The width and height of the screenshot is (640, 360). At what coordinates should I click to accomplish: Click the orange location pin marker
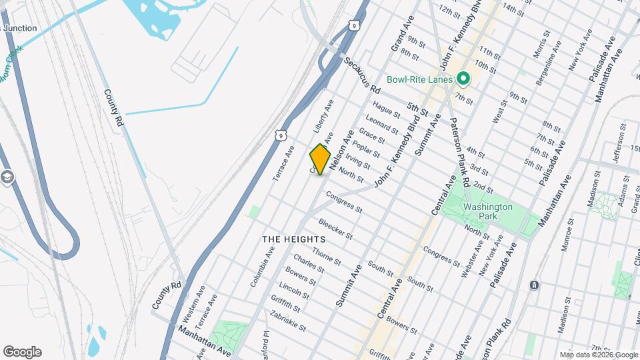coord(321,159)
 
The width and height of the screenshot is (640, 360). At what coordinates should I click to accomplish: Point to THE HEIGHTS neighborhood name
coord(293,239)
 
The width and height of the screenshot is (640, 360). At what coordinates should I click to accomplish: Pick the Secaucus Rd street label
coord(363,75)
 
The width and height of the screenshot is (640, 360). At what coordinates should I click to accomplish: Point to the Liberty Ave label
coord(323,116)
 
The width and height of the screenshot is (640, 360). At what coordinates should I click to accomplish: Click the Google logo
coord(22,352)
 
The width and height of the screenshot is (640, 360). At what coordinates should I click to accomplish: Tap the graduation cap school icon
coord(7,177)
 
